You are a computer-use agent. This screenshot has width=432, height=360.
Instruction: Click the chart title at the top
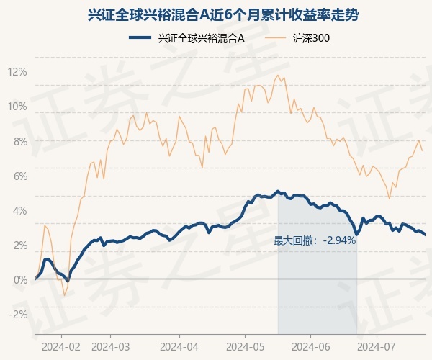pos(223,15)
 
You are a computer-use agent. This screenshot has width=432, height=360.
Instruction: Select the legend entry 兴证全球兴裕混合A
pos(186,38)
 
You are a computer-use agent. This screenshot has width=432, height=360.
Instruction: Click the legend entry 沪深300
pos(297,38)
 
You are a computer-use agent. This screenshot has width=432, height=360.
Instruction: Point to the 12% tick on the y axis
pos(17,72)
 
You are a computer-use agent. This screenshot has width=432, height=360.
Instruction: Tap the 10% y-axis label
pos(17,107)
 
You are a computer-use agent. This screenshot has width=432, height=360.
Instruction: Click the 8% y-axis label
pos(21,142)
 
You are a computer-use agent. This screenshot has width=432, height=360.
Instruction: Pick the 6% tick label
pos(21,176)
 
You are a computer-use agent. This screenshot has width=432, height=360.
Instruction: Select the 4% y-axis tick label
pos(21,211)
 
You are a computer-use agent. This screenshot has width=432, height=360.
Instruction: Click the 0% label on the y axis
pos(21,280)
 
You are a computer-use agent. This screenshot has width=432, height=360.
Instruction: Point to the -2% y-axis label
pos(18,314)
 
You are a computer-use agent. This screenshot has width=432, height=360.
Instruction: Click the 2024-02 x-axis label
pos(61,347)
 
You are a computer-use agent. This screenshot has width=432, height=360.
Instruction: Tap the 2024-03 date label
pos(110,347)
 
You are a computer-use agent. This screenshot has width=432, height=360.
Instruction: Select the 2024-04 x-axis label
pos(179,347)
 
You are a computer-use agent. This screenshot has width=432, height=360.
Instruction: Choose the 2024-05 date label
pos(246,347)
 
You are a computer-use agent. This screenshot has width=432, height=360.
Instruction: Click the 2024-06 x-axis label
pos(311,347)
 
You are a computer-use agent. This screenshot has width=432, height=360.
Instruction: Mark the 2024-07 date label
pos(377,347)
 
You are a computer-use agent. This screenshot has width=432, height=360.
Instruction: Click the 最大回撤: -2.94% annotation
pos(315,241)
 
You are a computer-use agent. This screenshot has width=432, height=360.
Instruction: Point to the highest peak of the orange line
pos(278,75)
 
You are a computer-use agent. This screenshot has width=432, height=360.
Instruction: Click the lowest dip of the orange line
pos(65,295)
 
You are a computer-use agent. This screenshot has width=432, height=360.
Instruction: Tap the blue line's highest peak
pos(278,191)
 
